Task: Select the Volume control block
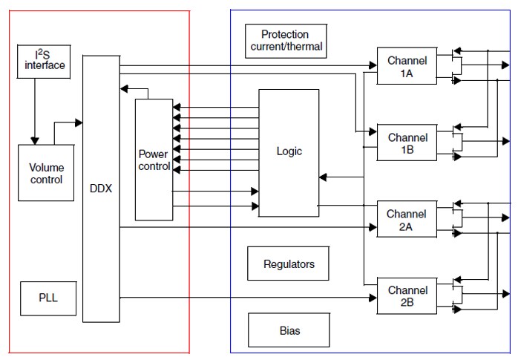tap(46, 173)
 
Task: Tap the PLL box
tap(47, 298)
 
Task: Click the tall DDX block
tap(100, 189)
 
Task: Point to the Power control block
tap(154, 159)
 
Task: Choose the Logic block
tap(289, 152)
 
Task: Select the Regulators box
tap(289, 264)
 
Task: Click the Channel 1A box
tap(407, 68)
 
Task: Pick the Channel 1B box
tap(407, 144)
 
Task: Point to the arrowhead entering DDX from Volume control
tap(78, 120)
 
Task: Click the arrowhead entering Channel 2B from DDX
tap(373, 298)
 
